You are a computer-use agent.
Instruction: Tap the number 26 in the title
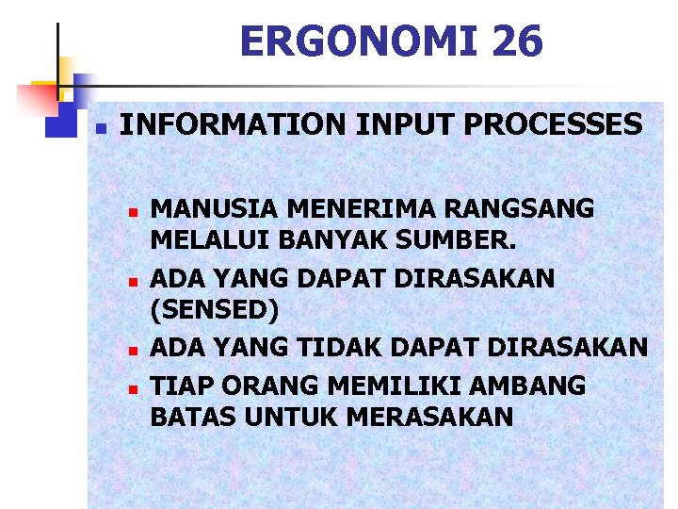click(x=517, y=42)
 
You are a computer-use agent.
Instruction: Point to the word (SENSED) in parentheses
click(x=215, y=307)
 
